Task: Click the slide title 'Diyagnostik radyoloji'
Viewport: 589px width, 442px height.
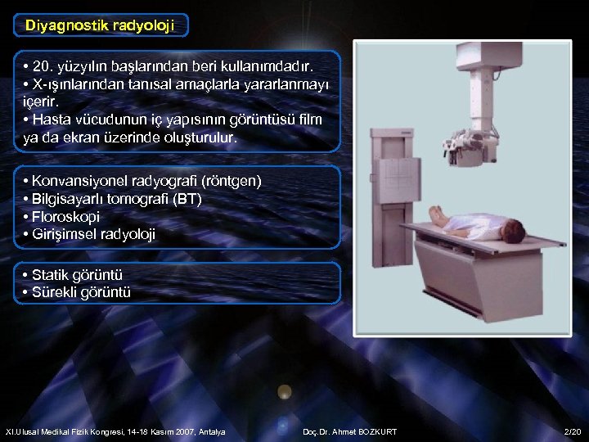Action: (101, 25)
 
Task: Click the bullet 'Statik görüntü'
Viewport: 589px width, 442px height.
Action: (77, 275)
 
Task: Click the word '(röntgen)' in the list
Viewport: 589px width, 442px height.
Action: (233, 181)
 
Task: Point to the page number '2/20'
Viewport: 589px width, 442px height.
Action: (571, 431)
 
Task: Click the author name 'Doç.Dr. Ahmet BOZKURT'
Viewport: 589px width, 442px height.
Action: (349, 431)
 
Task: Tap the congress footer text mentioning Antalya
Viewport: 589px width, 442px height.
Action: (115, 431)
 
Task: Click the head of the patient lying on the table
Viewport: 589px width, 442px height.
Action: (513, 232)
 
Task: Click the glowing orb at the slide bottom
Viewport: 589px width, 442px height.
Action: (284, 392)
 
